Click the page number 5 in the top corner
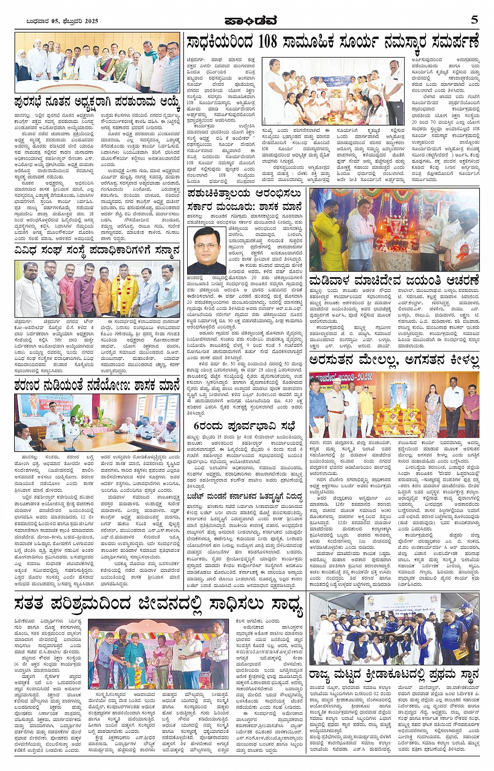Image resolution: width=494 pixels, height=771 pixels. [x=474, y=20]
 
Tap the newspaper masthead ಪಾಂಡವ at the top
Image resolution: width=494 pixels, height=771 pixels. [x=250, y=21]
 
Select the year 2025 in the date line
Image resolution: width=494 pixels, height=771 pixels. [x=90, y=21]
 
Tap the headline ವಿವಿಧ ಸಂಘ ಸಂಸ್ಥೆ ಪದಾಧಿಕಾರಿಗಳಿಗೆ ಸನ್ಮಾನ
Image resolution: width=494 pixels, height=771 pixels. [x=97, y=251]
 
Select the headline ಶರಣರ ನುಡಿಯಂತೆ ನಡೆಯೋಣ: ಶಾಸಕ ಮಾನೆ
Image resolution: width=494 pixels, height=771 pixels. [x=97, y=385]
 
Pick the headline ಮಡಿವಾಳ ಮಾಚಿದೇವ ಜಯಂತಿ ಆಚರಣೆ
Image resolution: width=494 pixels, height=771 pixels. [x=394, y=280]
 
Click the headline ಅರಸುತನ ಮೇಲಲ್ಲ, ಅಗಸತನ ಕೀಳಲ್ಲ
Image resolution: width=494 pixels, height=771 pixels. [x=394, y=360]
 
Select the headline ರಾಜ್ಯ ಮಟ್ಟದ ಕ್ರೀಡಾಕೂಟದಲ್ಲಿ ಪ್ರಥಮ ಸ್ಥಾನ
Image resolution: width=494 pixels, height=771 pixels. [x=394, y=675]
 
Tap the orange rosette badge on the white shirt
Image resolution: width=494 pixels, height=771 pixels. [x=462, y=256]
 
